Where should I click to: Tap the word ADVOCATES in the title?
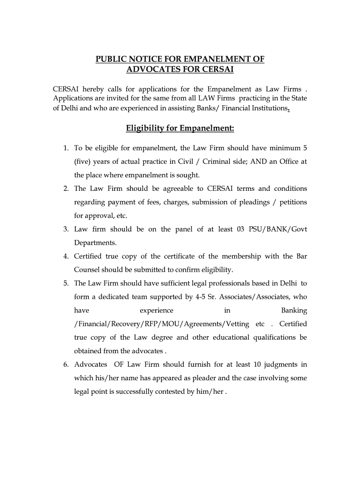[155, 70]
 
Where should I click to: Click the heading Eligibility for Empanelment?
[180, 128]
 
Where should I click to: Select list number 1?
[66, 148]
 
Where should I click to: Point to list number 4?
[66, 256]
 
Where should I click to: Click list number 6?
[66, 364]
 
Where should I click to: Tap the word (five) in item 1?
[84, 162]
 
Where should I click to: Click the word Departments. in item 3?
[95, 243]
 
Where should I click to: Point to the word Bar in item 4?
[301, 256]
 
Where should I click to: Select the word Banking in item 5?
[294, 310]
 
